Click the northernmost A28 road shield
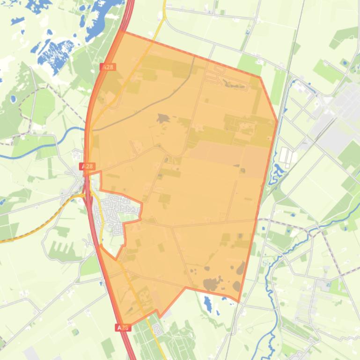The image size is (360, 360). click(108, 67)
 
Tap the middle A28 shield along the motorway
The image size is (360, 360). click(88, 166)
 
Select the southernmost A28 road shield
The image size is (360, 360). click(122, 328)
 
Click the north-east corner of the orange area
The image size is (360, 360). click(260, 77)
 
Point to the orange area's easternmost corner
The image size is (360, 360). click(277, 122)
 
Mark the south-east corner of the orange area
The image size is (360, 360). click(239, 302)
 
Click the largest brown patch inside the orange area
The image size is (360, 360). click(212, 284)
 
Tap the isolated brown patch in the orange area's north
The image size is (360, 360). click(163, 118)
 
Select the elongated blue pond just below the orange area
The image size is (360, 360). click(208, 304)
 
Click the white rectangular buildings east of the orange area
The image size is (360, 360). click(286, 157)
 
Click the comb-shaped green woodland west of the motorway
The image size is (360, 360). click(61, 248)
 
